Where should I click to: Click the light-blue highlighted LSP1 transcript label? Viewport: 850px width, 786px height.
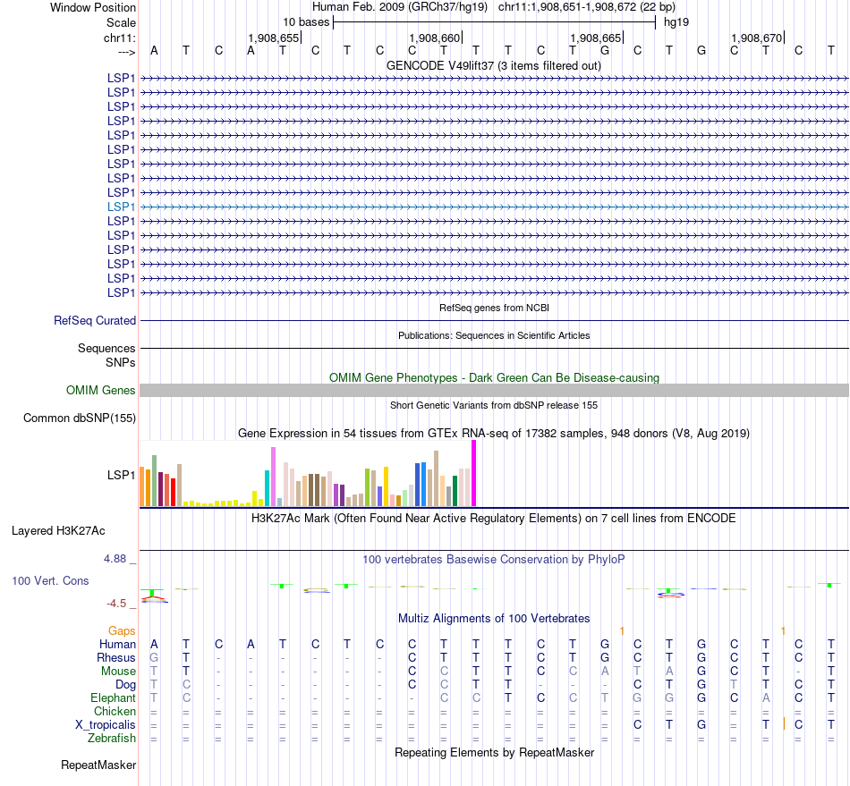point(121,207)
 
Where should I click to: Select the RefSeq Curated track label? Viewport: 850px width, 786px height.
point(95,320)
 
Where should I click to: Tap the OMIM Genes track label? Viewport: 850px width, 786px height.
point(101,390)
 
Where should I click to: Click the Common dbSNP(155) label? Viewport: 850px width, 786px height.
point(80,418)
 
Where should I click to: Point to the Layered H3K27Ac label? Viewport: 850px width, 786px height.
point(58,530)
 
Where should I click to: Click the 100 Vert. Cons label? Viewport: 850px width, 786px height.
point(50,580)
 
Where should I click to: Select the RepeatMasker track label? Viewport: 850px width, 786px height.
point(98,765)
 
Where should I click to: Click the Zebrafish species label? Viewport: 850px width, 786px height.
point(112,738)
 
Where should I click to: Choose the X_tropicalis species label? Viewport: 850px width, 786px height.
point(106,724)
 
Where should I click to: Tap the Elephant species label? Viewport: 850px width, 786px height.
point(113,697)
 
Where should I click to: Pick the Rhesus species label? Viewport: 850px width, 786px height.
point(116,657)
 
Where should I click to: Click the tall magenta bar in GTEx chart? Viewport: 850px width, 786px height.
point(474,474)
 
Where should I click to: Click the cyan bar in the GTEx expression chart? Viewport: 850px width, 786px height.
point(267,488)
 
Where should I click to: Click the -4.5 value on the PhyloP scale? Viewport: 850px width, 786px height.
point(121,604)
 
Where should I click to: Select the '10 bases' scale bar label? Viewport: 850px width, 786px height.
point(306,21)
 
